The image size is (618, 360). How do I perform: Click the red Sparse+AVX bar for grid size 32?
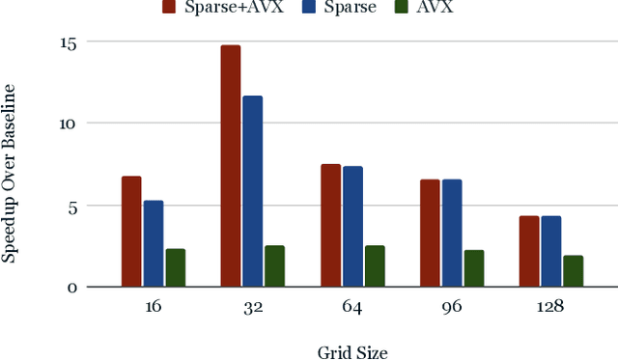[x=231, y=166]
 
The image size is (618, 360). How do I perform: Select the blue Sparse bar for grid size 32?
[x=252, y=191]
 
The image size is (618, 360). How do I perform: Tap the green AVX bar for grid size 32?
[x=274, y=266]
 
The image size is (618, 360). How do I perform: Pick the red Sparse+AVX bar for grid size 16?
[x=131, y=232]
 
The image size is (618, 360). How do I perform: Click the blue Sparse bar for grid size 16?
[x=153, y=243]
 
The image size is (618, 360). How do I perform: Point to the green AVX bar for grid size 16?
[x=175, y=267]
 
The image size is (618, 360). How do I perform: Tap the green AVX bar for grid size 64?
[x=375, y=266]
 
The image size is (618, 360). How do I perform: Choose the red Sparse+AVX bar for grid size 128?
[x=529, y=251]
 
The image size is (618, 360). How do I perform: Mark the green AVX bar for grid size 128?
[x=573, y=271]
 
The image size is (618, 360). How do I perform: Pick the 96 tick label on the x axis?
[x=450, y=306]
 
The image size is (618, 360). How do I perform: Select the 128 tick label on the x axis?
[x=549, y=306]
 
